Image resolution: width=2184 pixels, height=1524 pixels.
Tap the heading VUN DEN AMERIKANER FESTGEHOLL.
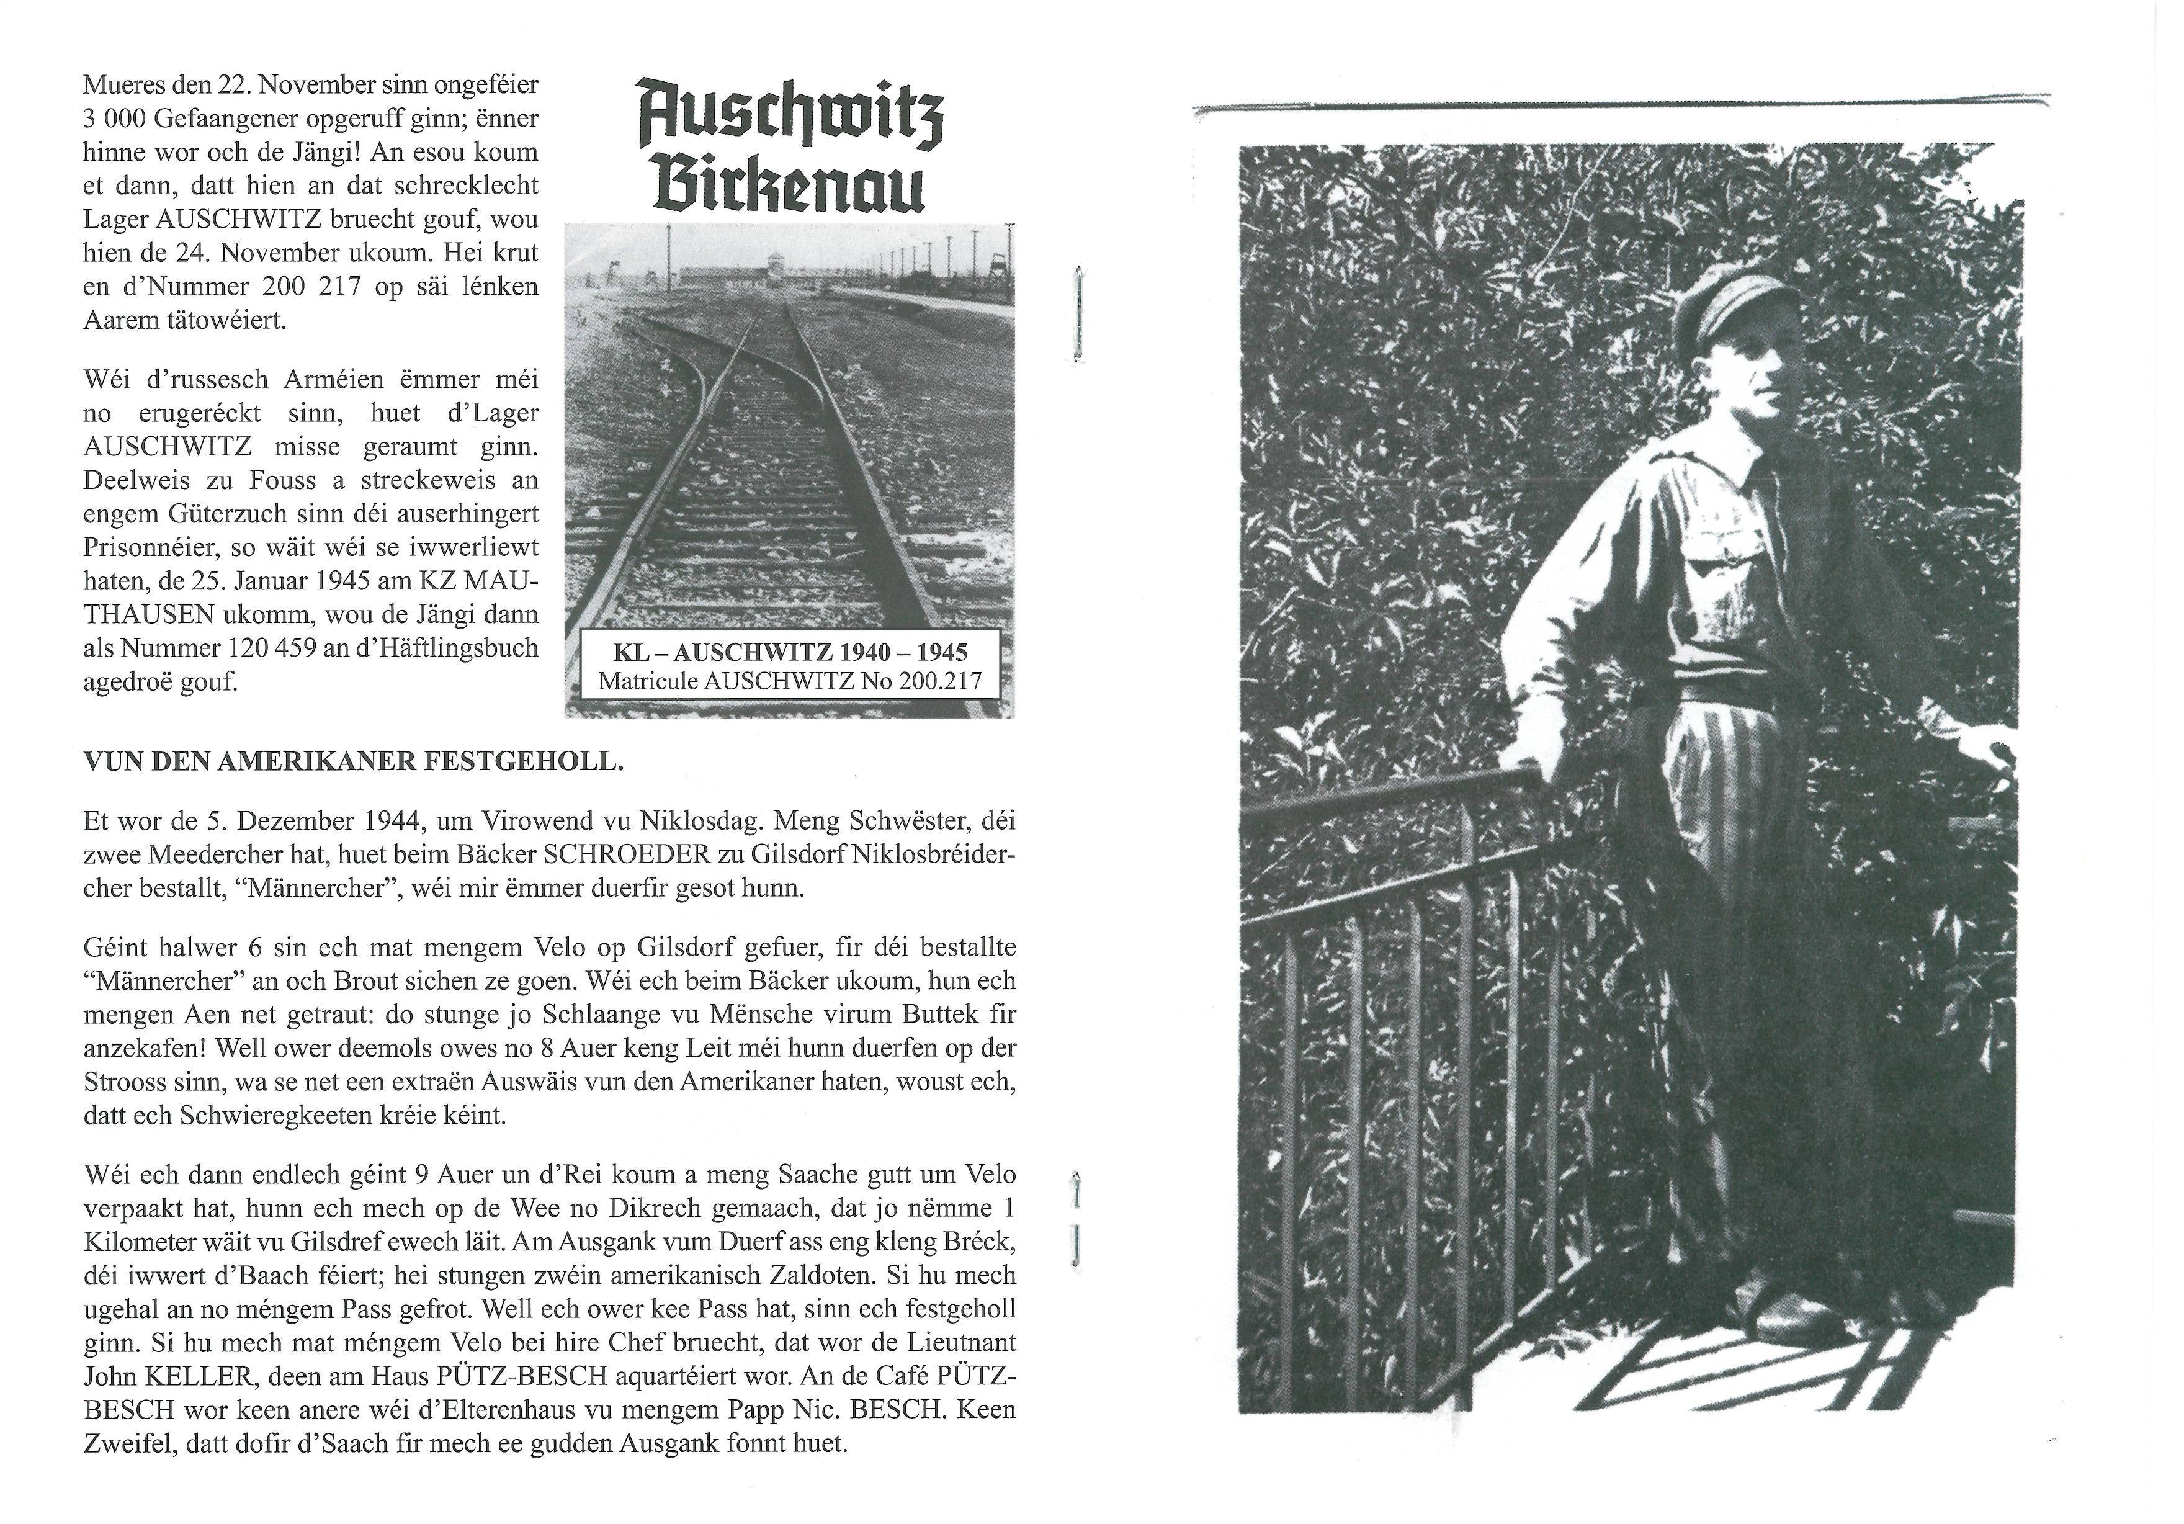353,762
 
